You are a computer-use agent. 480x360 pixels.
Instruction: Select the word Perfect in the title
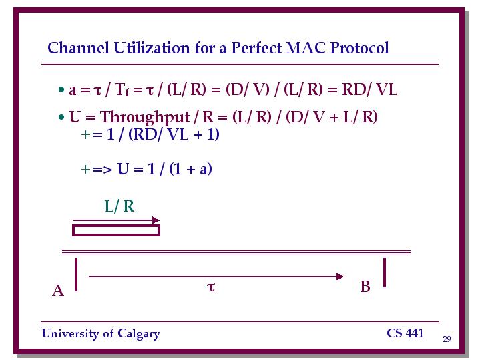tap(256, 48)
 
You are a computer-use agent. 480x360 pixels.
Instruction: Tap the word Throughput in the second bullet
tap(145, 118)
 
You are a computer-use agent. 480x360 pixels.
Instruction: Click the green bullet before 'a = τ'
tap(61, 89)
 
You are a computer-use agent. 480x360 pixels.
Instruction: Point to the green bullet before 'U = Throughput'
tap(61, 117)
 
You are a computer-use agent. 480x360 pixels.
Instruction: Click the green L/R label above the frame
tap(119, 206)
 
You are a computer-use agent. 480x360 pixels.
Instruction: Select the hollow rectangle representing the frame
tap(116, 226)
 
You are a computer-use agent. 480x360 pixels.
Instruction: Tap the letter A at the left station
tap(58, 291)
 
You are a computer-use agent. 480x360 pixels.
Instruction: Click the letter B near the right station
tap(365, 287)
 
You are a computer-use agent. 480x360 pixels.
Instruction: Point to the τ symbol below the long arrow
tap(211, 287)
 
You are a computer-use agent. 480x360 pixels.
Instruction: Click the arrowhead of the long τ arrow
tap(340, 277)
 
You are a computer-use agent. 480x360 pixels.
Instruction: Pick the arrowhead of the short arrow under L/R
tap(156, 220)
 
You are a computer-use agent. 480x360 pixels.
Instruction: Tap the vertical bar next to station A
tap(76, 275)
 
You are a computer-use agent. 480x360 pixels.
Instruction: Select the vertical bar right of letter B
tap(385, 273)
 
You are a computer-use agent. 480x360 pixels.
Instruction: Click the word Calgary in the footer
tap(139, 334)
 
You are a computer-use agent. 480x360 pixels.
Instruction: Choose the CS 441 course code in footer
tap(405, 333)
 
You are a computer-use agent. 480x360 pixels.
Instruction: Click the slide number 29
tap(447, 339)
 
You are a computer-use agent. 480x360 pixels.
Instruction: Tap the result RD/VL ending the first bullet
tap(369, 89)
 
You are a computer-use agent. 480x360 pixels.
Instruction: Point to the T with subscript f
tap(122, 90)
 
